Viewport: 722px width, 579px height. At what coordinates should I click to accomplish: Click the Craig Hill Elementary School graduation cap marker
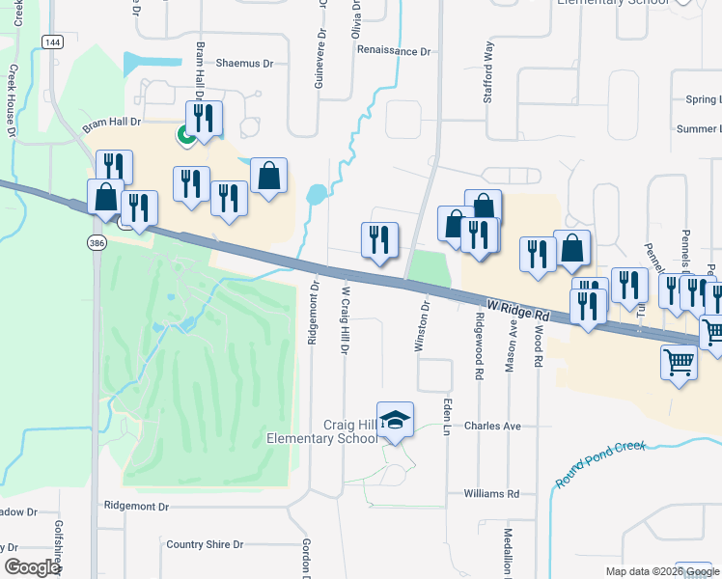395,420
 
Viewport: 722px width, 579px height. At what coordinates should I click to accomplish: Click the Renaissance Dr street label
393,50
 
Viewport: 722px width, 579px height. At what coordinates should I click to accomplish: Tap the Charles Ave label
492,426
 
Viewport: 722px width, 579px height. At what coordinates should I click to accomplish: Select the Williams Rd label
491,493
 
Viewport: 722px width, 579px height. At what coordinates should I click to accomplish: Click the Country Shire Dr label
205,544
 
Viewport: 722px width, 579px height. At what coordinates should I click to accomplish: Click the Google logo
32,566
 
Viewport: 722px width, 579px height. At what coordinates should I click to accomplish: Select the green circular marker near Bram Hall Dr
182,136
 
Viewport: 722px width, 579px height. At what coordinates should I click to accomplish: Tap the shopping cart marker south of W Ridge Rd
680,364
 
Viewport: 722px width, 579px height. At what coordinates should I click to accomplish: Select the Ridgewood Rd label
478,338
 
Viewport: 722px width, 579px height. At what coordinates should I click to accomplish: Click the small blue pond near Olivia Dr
316,195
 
